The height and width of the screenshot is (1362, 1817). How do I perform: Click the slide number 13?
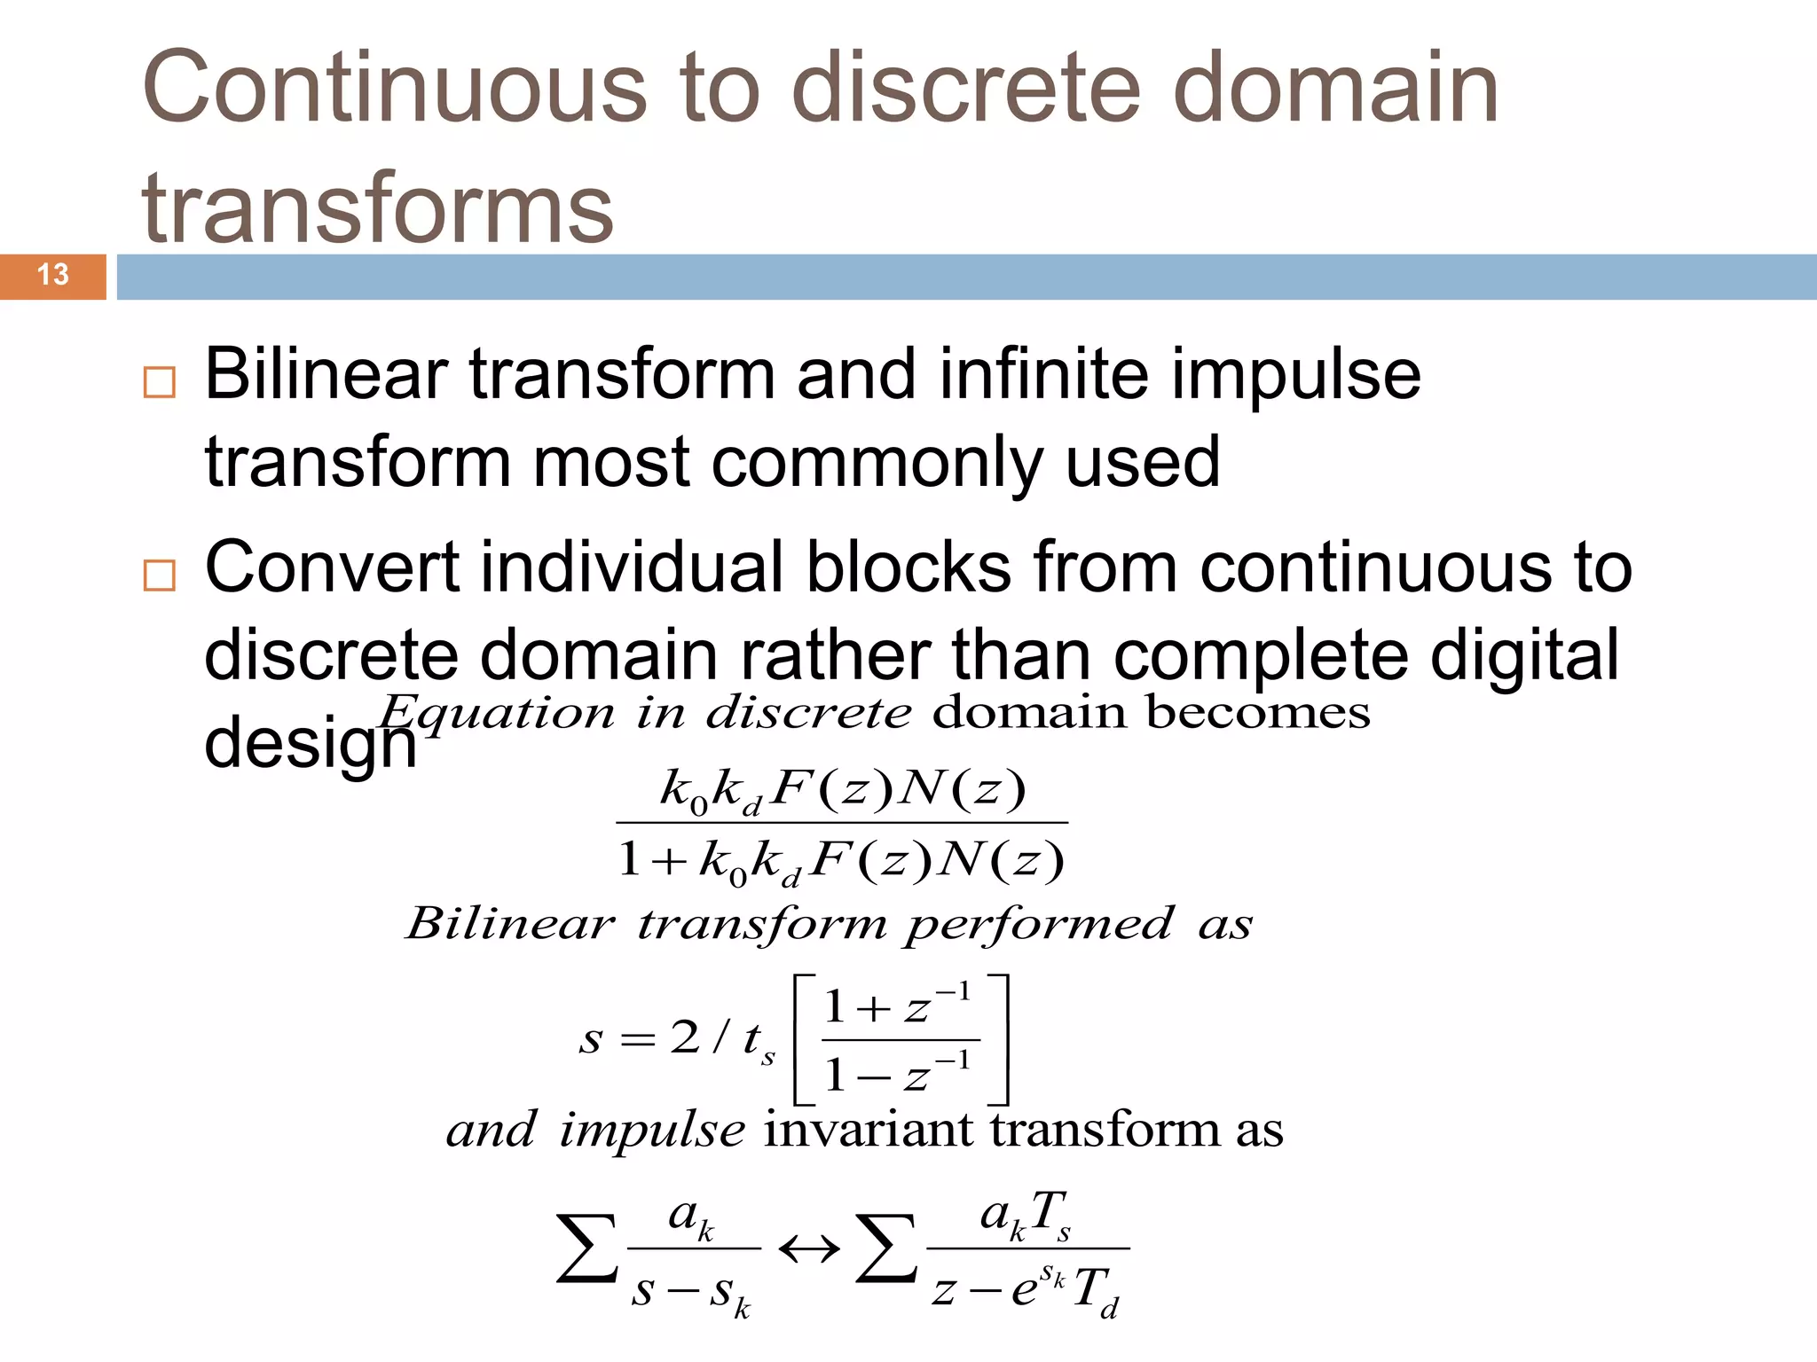pyautogui.click(x=53, y=275)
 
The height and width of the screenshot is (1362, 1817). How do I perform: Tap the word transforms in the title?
pyautogui.click(x=377, y=208)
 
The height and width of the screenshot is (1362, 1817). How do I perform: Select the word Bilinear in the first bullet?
pyautogui.click(x=325, y=374)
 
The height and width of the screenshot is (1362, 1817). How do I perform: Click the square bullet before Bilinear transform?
pyautogui.click(x=160, y=382)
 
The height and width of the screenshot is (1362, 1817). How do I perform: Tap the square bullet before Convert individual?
pyautogui.click(x=160, y=575)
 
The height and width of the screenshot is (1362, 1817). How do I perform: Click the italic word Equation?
pyautogui.click(x=497, y=713)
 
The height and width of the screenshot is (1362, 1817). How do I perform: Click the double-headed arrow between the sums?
pyautogui.click(x=808, y=1250)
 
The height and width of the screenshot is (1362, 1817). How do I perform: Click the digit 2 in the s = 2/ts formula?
pyautogui.click(x=685, y=1037)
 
